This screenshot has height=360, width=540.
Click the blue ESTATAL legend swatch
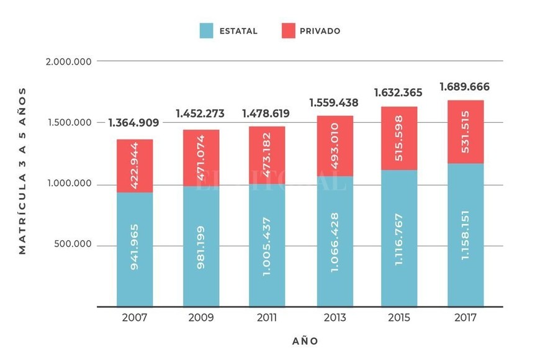pos(207,30)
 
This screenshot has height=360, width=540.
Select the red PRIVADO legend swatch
pos(289,30)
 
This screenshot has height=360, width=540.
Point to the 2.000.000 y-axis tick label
pos(70,61)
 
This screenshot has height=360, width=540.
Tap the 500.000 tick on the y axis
pos(74,245)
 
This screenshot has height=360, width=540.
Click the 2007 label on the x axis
pos(134,318)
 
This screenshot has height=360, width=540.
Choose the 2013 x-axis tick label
pos(335,318)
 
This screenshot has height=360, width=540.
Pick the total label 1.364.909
pos(133,123)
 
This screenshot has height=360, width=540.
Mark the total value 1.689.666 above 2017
pos(465,86)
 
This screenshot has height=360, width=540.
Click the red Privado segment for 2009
pos(201,158)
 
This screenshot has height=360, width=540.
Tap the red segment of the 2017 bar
pos(465,132)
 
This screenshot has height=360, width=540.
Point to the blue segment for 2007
pos(134,250)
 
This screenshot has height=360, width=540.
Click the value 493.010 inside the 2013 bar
pos(336,146)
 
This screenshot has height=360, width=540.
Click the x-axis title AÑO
pos(305,341)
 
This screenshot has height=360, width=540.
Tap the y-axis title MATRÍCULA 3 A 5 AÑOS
pos(23,171)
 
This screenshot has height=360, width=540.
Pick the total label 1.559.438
pos(335,103)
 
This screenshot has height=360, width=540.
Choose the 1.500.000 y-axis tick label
pos(70,122)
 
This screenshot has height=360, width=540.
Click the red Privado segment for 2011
pos(268,156)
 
